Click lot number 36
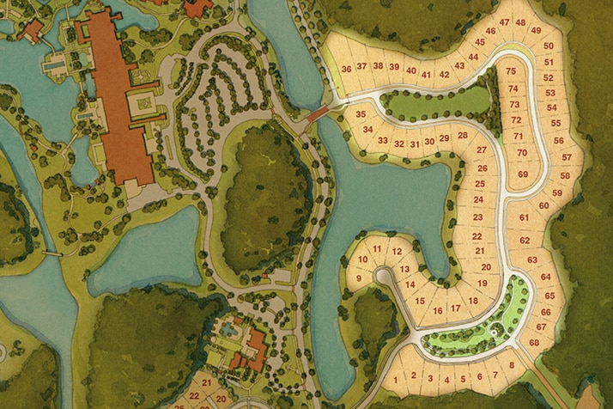[346, 68]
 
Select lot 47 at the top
[504, 22]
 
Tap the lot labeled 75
[512, 71]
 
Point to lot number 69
[523, 174]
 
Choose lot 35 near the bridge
[361, 114]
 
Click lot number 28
[462, 135]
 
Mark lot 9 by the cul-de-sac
[358, 278]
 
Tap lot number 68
[535, 343]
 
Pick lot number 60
[543, 205]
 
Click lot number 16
[438, 310]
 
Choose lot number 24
[479, 200]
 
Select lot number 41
[426, 74]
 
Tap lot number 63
[532, 259]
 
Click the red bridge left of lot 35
[319, 115]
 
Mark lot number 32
[399, 143]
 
